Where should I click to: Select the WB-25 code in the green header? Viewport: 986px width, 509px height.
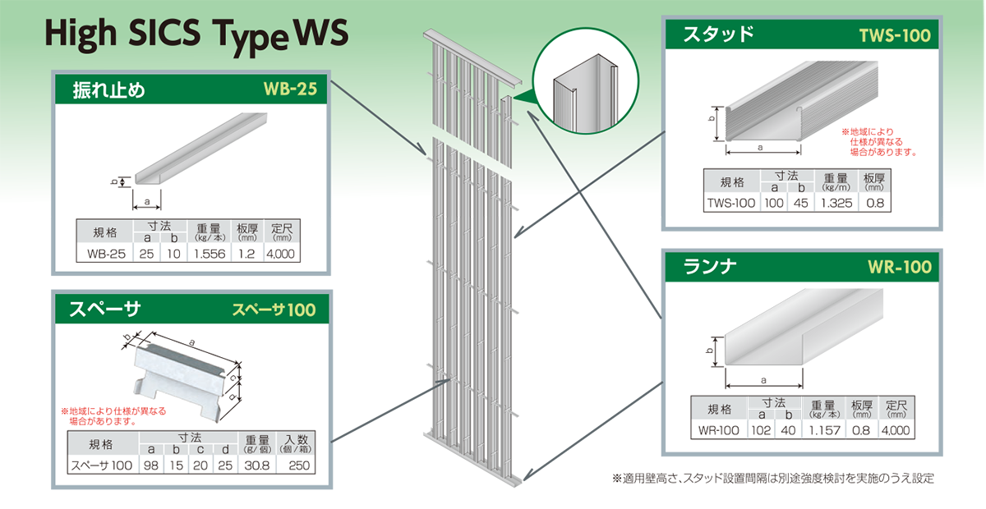coord(289,89)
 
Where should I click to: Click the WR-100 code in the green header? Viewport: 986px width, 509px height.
coord(899,267)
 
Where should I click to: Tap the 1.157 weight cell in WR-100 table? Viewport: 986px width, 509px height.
coord(822,430)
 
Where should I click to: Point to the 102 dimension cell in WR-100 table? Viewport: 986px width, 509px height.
coord(759,430)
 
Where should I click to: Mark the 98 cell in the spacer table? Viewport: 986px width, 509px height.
coord(151,465)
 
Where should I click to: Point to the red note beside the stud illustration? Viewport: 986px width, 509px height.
coord(878,141)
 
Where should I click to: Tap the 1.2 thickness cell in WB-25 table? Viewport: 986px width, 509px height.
coord(246,254)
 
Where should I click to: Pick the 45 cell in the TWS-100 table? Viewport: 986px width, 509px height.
coord(796,204)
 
